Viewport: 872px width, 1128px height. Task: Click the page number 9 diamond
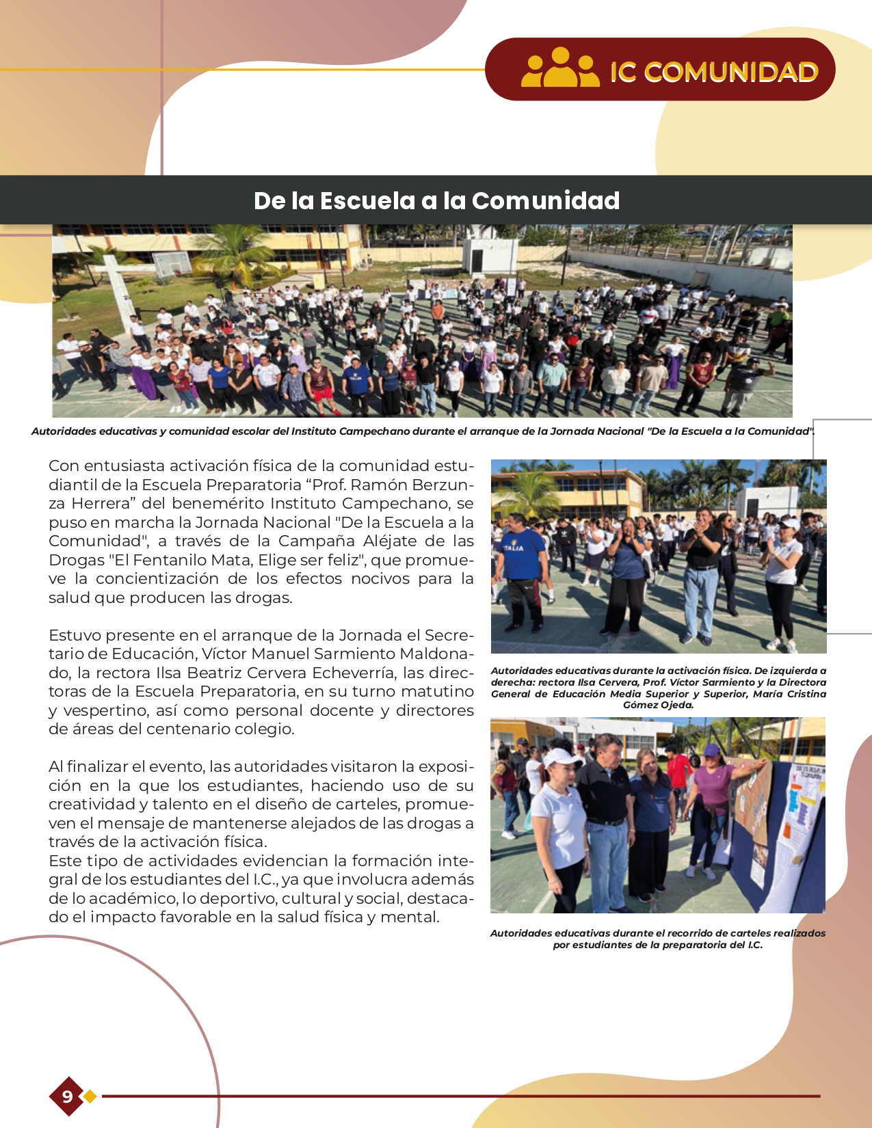[x=67, y=1097]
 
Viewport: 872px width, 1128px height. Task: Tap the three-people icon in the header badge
[x=560, y=68]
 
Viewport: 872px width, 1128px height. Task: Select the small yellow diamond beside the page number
[x=90, y=1097]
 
